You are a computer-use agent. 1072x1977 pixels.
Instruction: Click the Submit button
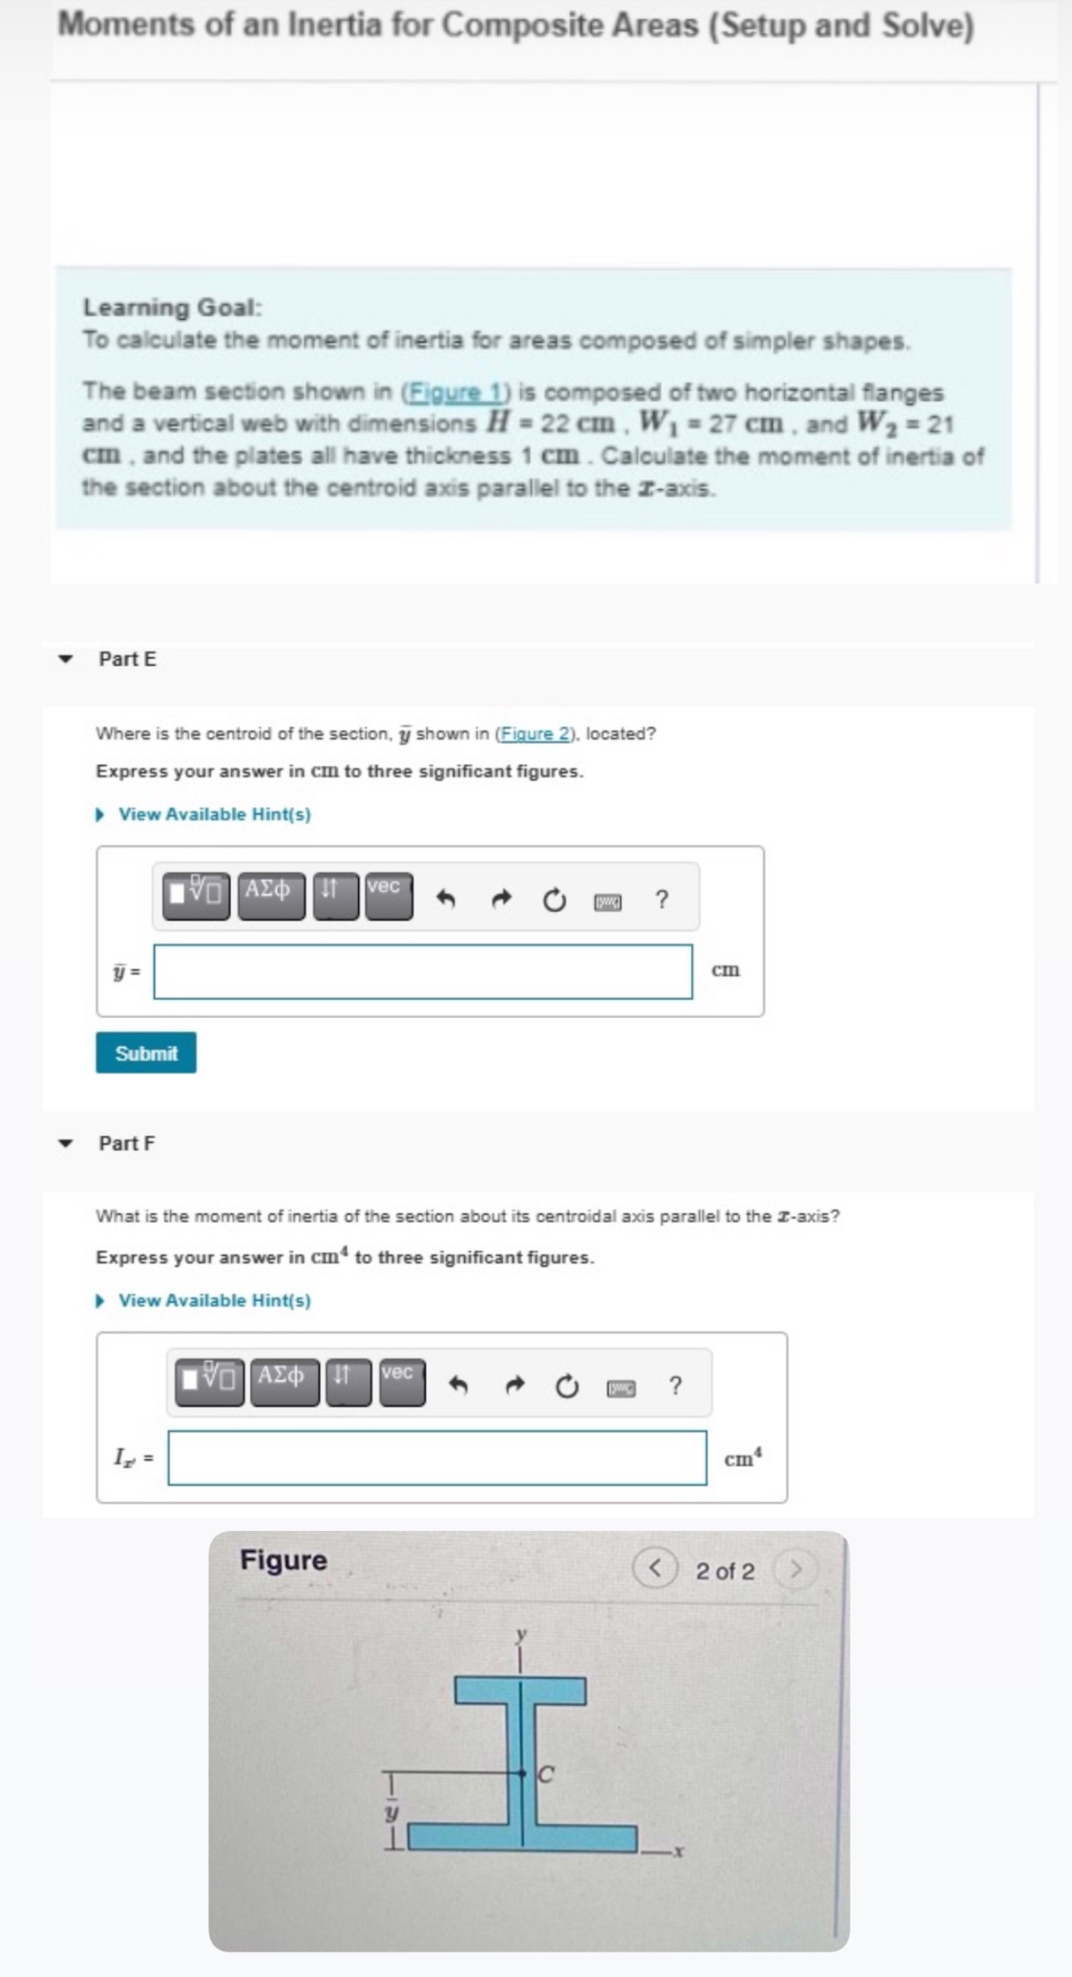click(x=146, y=1052)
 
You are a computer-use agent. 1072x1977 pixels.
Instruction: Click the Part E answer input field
click(x=423, y=971)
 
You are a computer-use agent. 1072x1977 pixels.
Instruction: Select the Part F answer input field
click(x=437, y=1457)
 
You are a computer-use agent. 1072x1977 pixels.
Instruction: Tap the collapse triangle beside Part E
click(x=66, y=659)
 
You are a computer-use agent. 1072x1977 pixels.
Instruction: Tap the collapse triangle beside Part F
click(x=66, y=1143)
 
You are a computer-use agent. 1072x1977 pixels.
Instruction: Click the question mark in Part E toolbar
click(x=662, y=900)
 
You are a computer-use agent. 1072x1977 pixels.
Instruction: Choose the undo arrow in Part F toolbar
click(x=459, y=1386)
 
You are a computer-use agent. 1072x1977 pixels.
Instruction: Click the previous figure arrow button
click(x=656, y=1569)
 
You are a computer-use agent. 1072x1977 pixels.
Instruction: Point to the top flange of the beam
click(x=520, y=1690)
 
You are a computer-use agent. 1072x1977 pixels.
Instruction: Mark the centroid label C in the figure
click(x=547, y=1775)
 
